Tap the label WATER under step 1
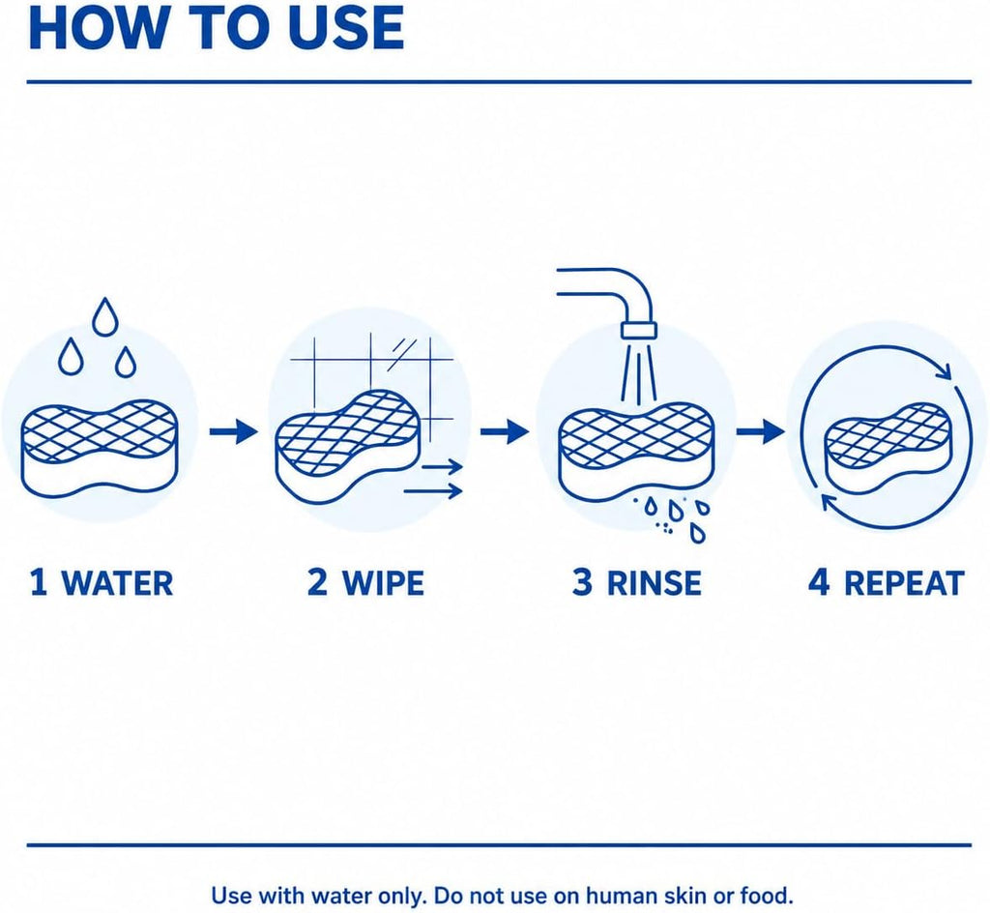(x=117, y=582)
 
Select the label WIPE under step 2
(x=383, y=582)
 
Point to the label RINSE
(x=655, y=582)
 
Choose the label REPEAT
(x=904, y=582)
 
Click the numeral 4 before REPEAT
(x=819, y=582)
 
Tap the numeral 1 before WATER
(x=39, y=582)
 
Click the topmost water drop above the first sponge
(x=104, y=317)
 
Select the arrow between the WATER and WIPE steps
(x=234, y=432)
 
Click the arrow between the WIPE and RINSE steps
(x=505, y=432)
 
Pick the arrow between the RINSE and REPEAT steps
(x=761, y=432)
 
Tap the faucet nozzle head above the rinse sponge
(x=639, y=330)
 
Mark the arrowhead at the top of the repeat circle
(x=943, y=370)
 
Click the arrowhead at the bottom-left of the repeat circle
(x=829, y=501)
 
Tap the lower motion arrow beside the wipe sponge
(x=433, y=490)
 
